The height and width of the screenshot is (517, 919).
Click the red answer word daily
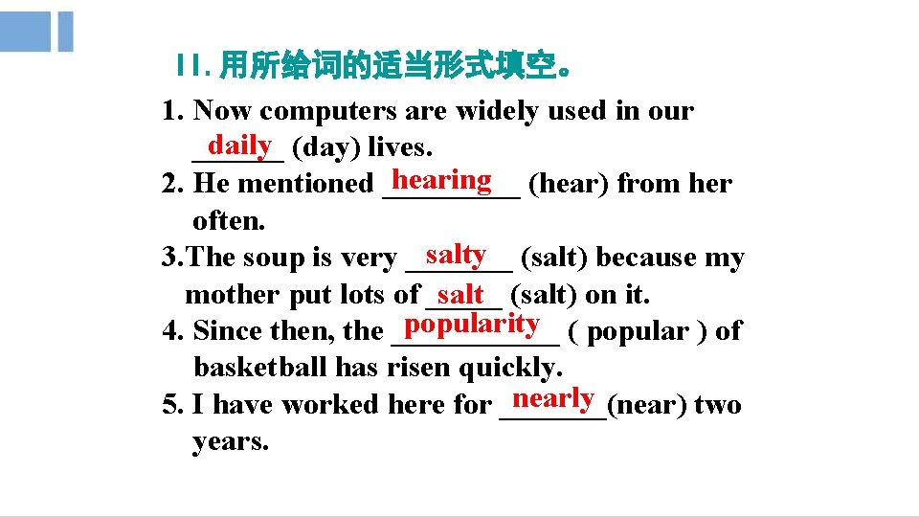coord(240,145)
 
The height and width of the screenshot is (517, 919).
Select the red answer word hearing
coord(442,179)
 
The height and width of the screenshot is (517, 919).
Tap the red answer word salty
coord(457,254)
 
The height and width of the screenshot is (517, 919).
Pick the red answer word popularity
coord(472,324)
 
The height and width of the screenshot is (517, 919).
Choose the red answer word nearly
coord(554,397)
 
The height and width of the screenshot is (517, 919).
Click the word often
coord(229,221)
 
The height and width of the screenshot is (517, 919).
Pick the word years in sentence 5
coord(231,442)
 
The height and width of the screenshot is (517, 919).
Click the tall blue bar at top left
coord(65,32)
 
